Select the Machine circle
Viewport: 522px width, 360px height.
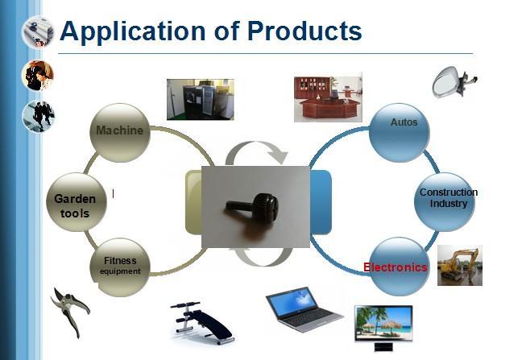point(120,132)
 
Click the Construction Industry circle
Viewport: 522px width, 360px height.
point(447,200)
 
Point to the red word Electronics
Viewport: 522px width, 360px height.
point(396,267)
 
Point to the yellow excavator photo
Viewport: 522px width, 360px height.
point(459,265)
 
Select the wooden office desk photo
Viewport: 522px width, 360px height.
point(327,97)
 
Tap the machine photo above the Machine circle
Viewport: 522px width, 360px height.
point(200,99)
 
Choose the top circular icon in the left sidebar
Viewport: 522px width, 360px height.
point(38,32)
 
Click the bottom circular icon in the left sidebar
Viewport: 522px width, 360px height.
point(38,116)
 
